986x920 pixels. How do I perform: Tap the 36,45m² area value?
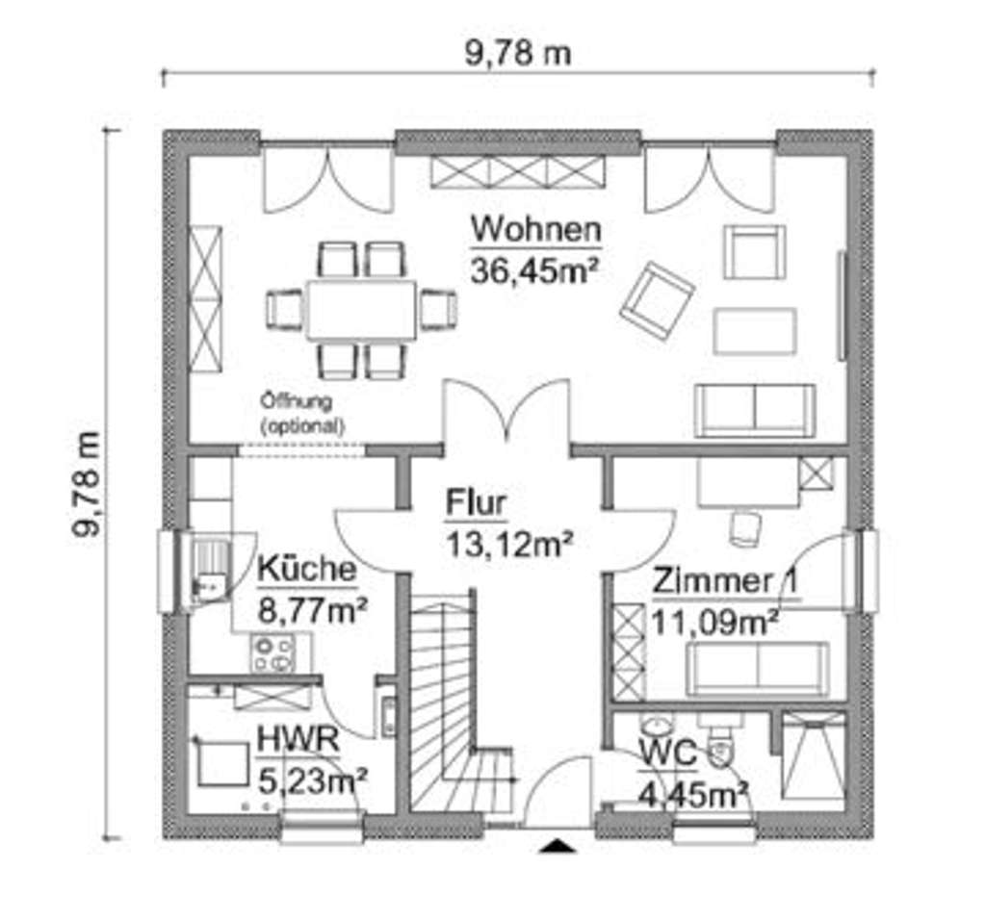point(536,269)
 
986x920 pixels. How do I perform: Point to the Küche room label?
point(306,569)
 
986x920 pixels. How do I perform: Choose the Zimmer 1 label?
point(729,581)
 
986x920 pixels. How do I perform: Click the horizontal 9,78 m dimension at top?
point(517,53)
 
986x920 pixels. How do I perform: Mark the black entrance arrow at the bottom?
point(557,845)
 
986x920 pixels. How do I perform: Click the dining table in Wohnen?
point(361,309)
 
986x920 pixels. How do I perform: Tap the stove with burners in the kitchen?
point(272,654)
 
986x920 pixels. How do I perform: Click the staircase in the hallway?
point(453,703)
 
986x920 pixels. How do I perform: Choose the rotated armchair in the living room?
point(657,299)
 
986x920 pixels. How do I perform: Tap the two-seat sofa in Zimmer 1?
point(757,668)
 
